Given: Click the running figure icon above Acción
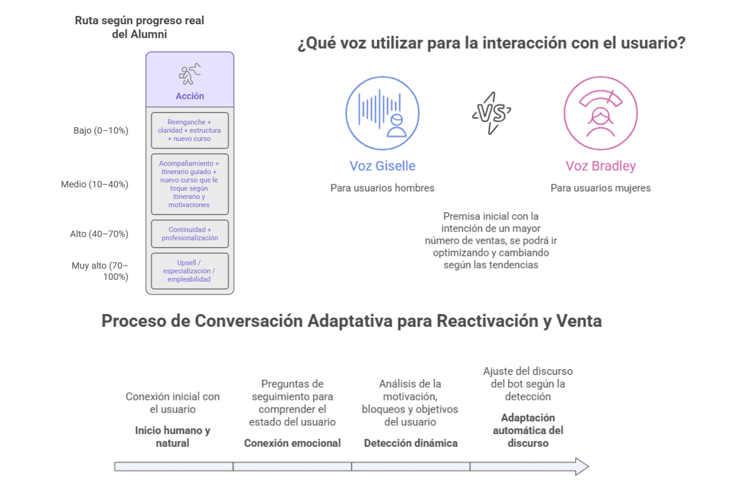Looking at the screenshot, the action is click(190, 74).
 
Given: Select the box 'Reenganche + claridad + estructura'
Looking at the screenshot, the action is click(189, 130).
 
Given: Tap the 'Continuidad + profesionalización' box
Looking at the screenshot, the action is click(189, 234).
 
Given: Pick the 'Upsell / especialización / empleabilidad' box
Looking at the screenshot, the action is click(189, 271).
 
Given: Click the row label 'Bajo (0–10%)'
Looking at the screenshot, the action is click(100, 130).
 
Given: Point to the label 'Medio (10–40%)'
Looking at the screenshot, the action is click(94, 184).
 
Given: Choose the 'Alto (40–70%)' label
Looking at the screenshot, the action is click(99, 234).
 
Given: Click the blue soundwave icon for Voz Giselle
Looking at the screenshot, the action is click(382, 113).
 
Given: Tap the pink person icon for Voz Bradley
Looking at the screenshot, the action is click(600, 113).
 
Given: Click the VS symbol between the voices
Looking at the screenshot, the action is click(491, 113).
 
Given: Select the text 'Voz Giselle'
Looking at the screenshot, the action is click(382, 166).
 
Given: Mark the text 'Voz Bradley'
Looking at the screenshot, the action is click(601, 166).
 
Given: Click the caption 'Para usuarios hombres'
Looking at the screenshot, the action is click(382, 188).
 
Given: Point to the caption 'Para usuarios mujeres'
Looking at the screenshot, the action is click(601, 188).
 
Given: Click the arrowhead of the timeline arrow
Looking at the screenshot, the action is click(581, 466).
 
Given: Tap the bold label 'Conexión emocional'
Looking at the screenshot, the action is click(292, 443).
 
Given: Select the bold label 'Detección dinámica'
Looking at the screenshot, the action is click(411, 443).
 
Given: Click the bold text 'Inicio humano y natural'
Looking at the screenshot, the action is click(172, 436).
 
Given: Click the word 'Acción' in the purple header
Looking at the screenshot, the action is click(190, 96).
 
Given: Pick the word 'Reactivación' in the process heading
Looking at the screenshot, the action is click(487, 321).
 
